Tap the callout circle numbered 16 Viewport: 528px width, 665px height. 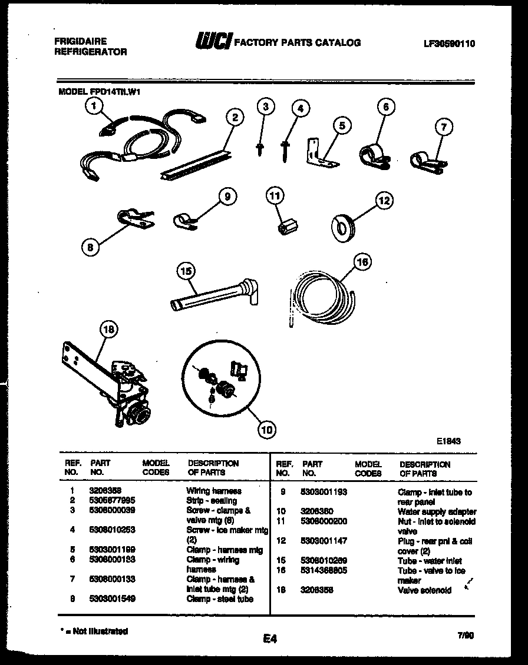363,262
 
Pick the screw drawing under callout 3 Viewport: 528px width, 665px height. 259,148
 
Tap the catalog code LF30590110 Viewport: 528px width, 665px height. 449,43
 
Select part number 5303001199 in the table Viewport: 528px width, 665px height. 112,550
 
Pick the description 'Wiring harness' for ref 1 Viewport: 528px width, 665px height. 214,490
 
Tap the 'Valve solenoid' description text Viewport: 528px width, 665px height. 424,590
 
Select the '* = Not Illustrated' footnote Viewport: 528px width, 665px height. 94,631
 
